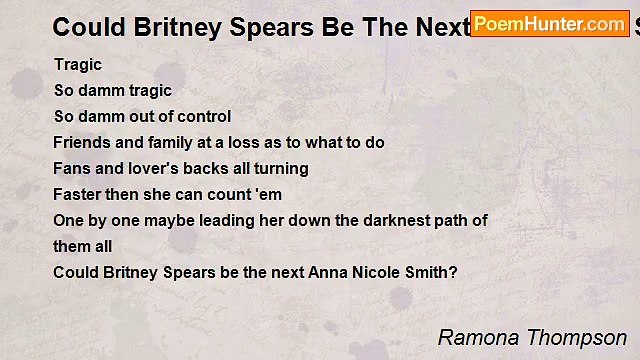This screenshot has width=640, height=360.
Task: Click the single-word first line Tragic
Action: [78, 64]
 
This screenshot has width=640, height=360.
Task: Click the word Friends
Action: [82, 142]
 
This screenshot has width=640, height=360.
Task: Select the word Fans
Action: [72, 168]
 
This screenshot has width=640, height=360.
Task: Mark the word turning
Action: [281, 168]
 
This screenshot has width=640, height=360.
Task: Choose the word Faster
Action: [78, 194]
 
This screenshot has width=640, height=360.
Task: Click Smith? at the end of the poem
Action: [431, 272]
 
